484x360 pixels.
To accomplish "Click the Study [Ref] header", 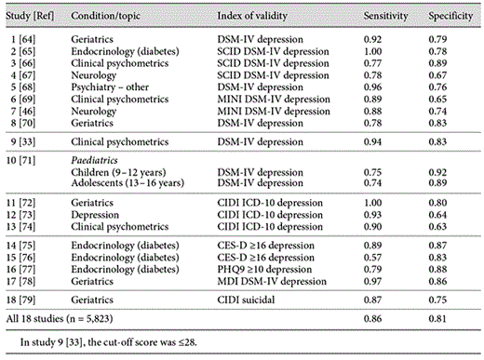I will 33,16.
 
